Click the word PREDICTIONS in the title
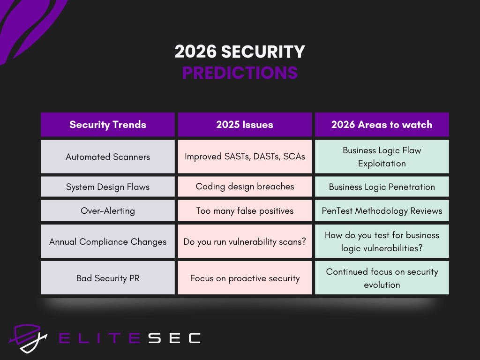[x=240, y=73]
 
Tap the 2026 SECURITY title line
[x=240, y=52]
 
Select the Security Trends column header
[x=108, y=125]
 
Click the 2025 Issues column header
[x=245, y=125]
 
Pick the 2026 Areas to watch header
[x=382, y=125]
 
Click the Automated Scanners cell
[x=108, y=157]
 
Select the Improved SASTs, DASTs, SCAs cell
[x=245, y=157]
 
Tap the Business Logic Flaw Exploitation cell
[x=382, y=157]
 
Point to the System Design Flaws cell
[x=108, y=187]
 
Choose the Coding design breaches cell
[x=245, y=187]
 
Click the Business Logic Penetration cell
[x=382, y=187]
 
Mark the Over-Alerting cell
[x=108, y=211]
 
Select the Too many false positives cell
[x=245, y=211]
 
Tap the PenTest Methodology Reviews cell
[x=382, y=211]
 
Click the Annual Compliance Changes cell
[x=108, y=241]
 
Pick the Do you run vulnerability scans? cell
[x=245, y=241]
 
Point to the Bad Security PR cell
[x=108, y=278]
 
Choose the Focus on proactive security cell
[x=245, y=278]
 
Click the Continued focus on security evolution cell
[x=382, y=278]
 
